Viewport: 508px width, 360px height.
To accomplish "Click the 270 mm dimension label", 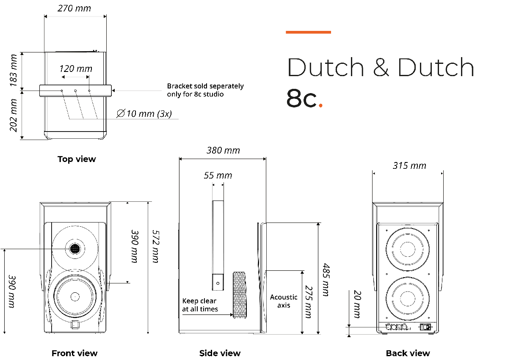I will point(75,8).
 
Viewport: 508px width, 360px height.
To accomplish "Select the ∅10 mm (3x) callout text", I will point(144,113).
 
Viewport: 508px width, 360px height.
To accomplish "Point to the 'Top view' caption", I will point(77,159).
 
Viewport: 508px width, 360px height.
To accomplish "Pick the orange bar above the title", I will point(308,32).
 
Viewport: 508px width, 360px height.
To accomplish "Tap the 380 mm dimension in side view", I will point(223,150).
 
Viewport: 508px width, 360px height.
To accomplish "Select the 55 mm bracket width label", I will point(218,175).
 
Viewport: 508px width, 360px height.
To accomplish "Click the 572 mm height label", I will point(155,246).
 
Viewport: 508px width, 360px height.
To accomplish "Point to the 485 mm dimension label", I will point(326,279).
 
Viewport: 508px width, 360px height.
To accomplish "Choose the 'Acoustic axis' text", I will point(284,301).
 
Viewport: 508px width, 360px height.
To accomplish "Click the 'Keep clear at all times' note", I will point(200,305).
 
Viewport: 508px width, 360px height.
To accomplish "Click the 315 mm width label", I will point(409,165).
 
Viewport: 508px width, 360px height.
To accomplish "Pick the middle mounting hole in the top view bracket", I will point(75,91).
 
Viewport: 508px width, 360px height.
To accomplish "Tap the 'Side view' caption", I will point(220,353).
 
